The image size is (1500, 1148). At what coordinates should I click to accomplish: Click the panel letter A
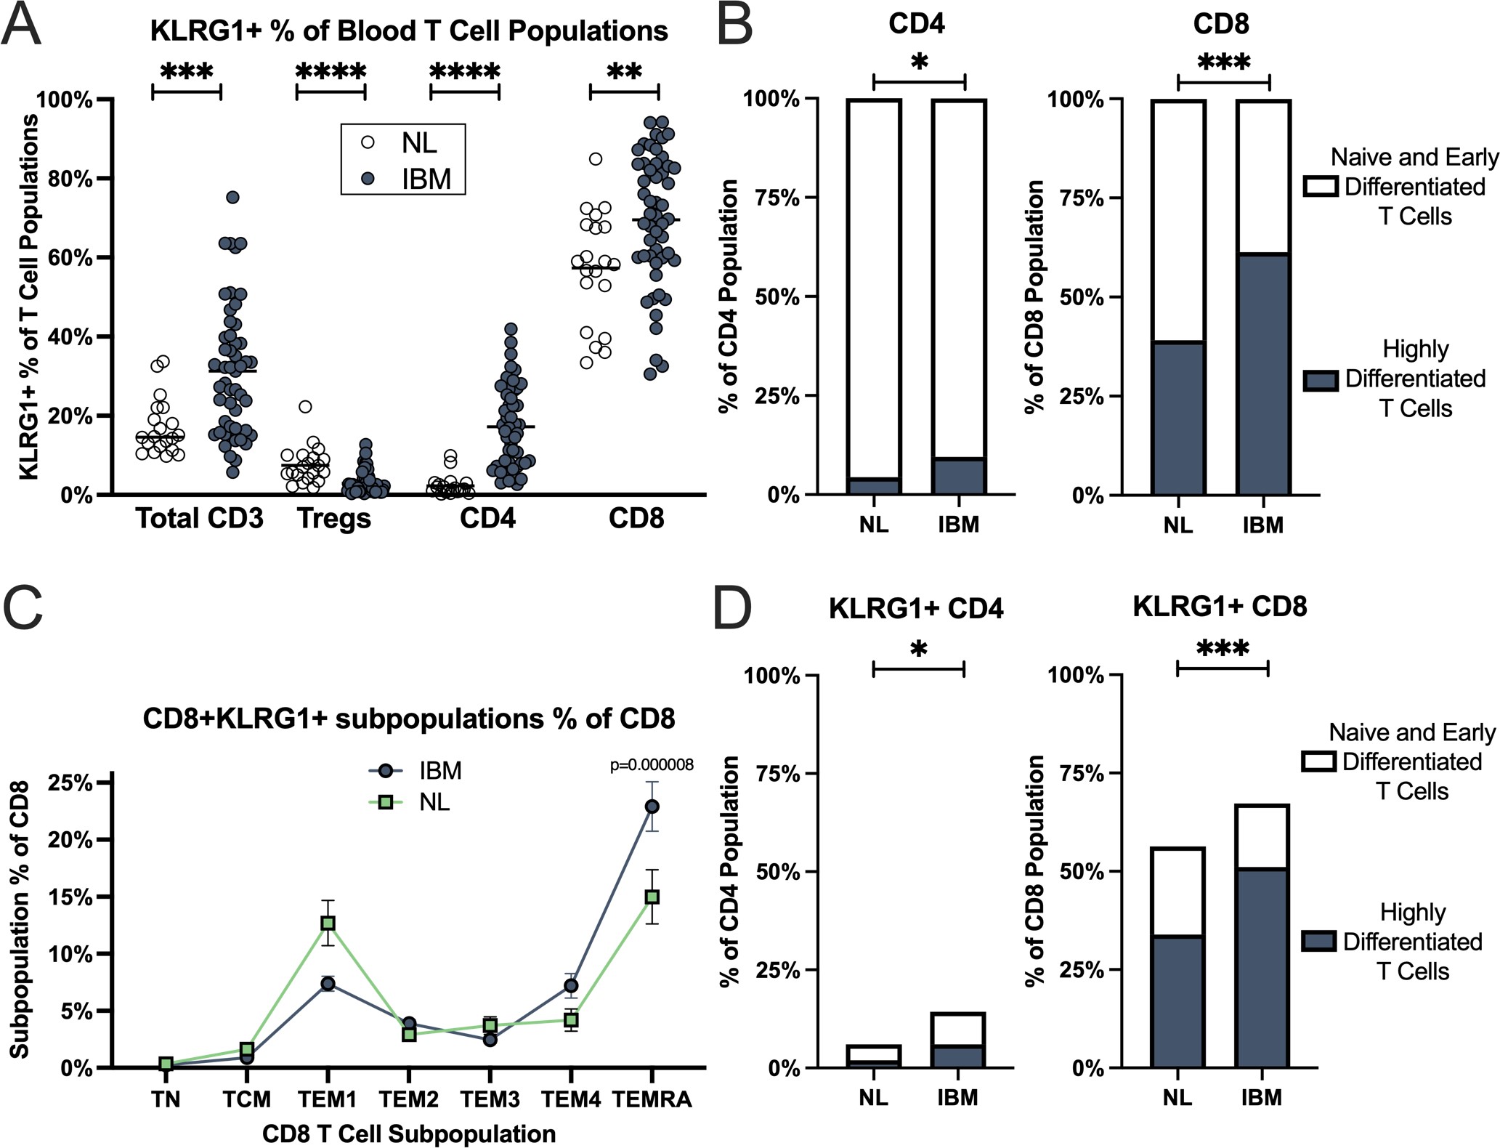[x=21, y=25]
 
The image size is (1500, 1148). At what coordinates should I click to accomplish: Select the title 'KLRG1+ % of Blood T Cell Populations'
[x=409, y=31]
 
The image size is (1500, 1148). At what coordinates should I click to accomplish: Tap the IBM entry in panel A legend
[x=426, y=179]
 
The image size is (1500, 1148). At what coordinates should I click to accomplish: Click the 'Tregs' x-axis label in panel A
[x=334, y=519]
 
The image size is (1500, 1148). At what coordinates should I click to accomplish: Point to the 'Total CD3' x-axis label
[x=200, y=519]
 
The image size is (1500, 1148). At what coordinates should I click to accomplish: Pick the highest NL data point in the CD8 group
[x=596, y=159]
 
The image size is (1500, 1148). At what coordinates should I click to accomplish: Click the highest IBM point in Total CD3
[x=232, y=198]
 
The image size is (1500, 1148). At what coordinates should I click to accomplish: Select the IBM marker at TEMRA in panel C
[x=652, y=807]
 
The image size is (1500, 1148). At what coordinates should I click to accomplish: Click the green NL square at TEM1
[x=328, y=923]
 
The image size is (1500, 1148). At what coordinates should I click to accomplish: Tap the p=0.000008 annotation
[x=652, y=765]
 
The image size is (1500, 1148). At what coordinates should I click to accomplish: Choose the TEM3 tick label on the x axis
[x=490, y=1100]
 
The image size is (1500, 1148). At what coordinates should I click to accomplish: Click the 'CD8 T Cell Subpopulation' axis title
[x=409, y=1133]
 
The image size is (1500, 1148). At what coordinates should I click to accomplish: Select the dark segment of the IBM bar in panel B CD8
[x=1263, y=374]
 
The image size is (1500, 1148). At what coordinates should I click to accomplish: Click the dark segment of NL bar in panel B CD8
[x=1178, y=418]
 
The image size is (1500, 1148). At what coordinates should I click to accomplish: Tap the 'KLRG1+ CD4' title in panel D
[x=916, y=608]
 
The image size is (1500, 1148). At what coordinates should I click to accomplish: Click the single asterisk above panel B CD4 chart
[x=919, y=62]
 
